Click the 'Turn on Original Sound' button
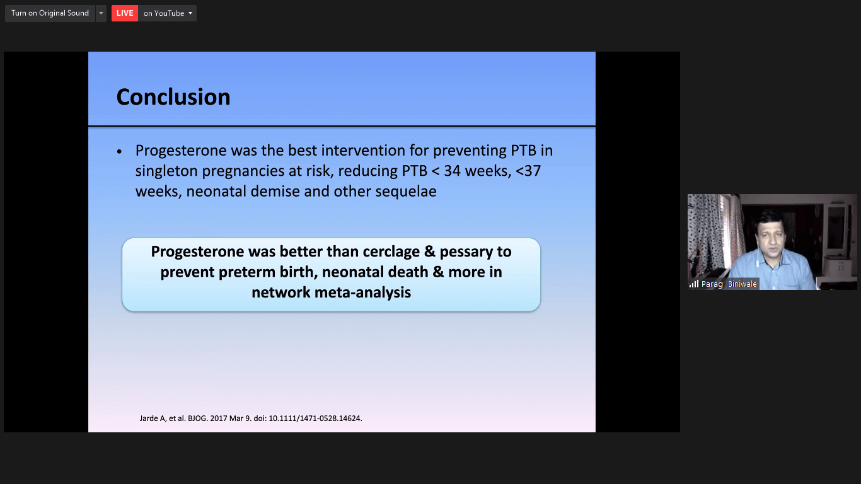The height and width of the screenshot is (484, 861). coord(50,13)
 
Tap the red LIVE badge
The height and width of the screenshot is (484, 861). coord(125,13)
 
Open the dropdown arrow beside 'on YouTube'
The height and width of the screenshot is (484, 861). coord(190,13)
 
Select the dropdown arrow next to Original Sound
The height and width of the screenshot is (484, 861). coord(101,13)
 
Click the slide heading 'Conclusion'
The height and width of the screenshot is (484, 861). coord(173,97)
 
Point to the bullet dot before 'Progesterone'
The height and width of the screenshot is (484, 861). coord(120,152)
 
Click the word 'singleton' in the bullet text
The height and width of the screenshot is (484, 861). coord(166,171)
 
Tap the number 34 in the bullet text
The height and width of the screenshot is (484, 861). coord(452,171)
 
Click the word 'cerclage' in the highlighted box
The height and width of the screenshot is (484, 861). coord(391,252)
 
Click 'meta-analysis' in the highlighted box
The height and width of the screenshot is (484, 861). coord(363,292)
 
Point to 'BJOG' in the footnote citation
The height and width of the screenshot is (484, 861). coord(197,418)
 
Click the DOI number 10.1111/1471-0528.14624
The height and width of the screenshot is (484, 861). coord(315,418)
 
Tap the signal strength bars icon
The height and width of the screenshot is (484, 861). coord(694,284)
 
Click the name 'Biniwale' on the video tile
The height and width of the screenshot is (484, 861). coord(743,284)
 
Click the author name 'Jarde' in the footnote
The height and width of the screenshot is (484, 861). coord(148,418)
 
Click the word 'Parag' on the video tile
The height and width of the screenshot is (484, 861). coord(712,284)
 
